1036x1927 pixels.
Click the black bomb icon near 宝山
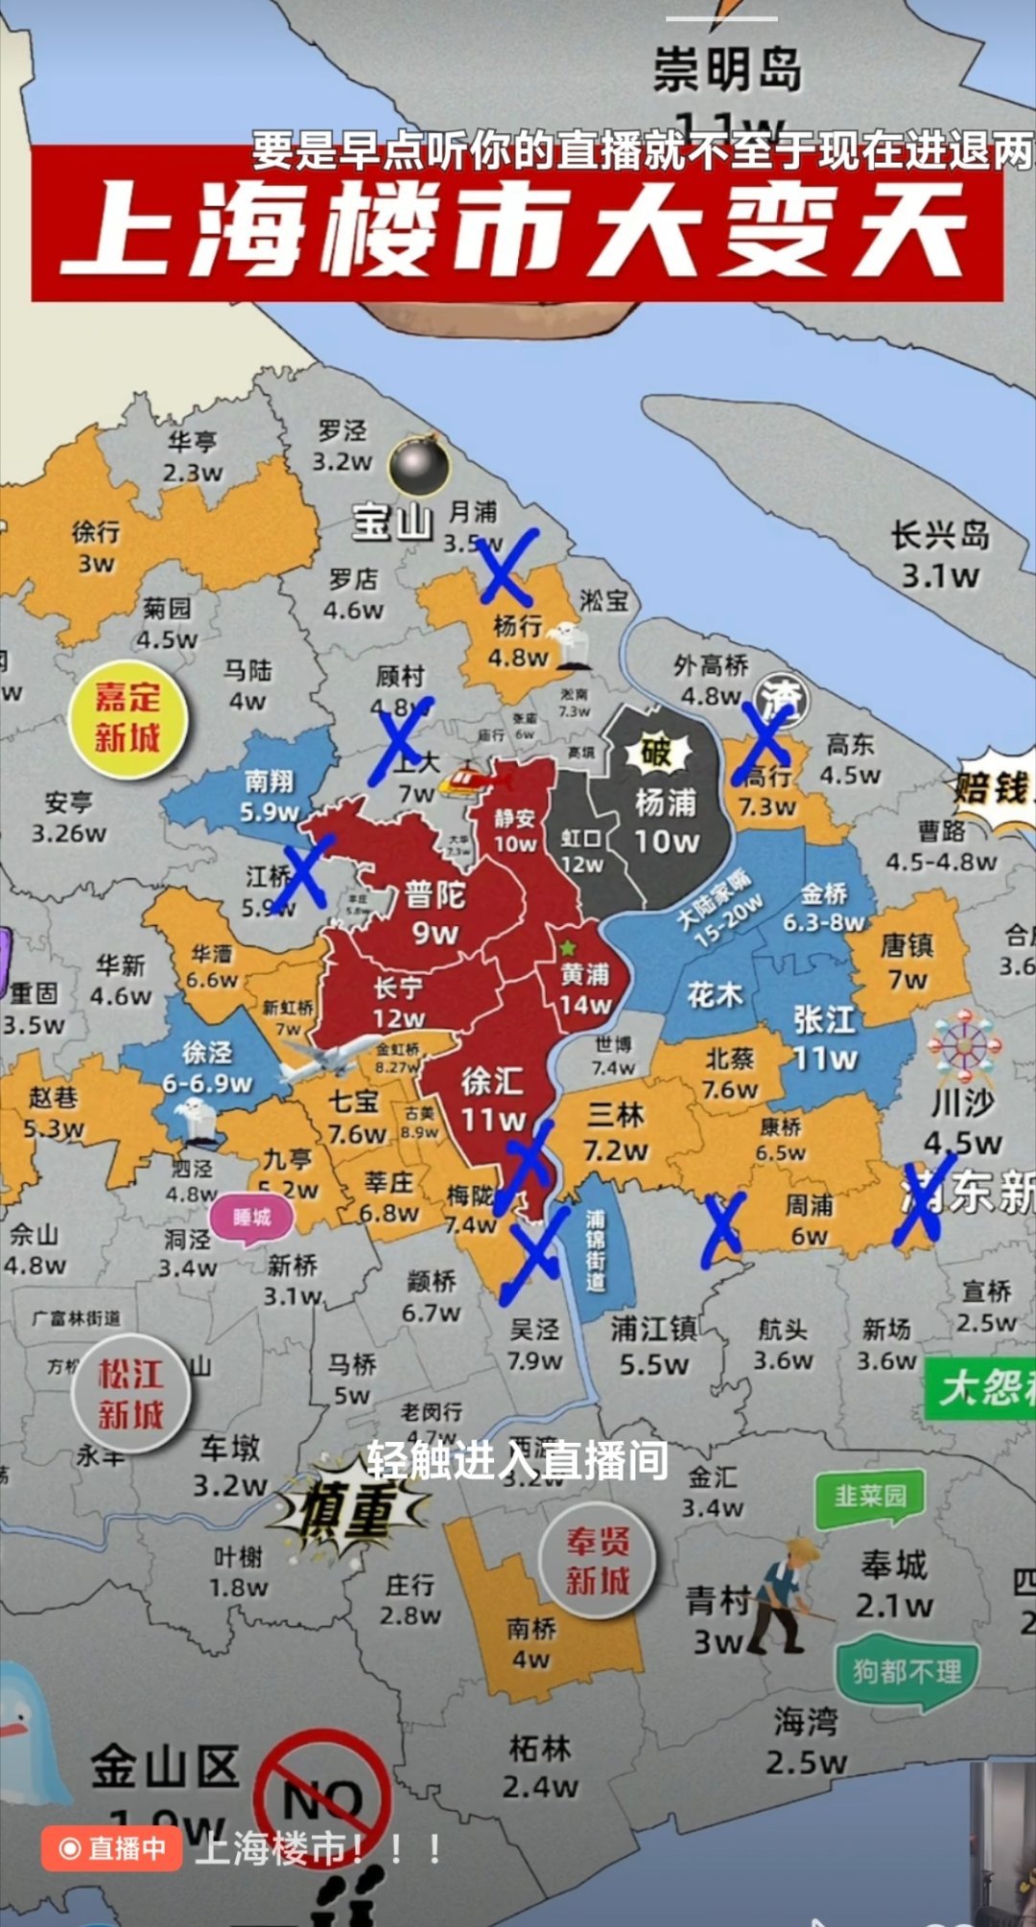point(419,465)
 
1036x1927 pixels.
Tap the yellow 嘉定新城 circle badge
point(128,718)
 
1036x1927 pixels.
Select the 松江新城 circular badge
point(131,1394)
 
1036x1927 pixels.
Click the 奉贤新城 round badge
point(597,1561)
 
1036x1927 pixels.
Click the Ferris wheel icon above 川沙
point(964,1046)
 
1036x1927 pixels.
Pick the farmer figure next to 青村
point(787,1596)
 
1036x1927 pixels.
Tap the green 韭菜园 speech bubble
point(870,1497)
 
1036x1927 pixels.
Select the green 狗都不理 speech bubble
point(906,1673)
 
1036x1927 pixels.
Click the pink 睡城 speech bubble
point(252,1219)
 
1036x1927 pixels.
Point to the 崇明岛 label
point(727,71)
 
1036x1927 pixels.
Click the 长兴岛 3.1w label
point(940,556)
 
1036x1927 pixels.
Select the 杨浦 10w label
point(667,822)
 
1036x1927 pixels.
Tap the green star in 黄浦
point(568,947)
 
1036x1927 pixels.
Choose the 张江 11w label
point(825,1038)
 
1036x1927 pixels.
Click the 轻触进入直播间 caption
point(518,1459)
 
